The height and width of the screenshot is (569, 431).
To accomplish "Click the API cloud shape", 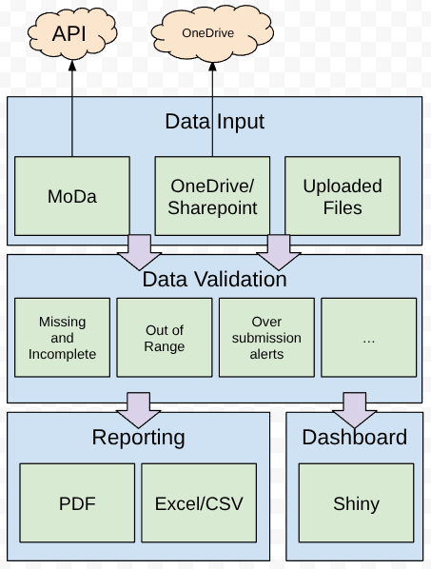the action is point(72,33).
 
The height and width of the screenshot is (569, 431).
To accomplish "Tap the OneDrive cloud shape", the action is point(212,33).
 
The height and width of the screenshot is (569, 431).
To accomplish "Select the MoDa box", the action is point(72,196).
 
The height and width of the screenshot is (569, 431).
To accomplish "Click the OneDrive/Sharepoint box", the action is point(212,196).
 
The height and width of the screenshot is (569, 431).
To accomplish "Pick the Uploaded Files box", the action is point(343,196).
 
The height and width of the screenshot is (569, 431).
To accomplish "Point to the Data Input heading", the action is point(215,121).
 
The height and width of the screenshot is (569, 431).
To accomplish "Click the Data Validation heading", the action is point(214,279).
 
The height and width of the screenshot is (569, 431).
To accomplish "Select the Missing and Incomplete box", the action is point(62,338).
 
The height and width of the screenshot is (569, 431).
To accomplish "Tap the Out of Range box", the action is point(165,338).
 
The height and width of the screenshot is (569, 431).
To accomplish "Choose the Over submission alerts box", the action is point(266,338).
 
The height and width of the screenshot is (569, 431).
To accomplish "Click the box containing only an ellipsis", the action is point(368,338).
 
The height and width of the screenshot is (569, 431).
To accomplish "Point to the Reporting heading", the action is point(138,438).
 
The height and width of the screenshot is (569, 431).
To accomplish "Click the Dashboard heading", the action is point(355,437).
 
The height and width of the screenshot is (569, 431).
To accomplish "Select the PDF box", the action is point(77,503).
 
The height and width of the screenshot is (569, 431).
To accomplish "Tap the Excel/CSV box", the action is point(199,503).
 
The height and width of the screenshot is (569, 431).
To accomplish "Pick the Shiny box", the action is point(356,503).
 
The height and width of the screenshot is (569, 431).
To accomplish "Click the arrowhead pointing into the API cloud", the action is point(72,66).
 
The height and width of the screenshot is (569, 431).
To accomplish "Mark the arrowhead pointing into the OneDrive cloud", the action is point(212,67).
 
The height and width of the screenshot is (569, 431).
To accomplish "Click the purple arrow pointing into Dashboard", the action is point(355,410).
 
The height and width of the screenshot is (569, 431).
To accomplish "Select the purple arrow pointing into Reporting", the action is point(138,410).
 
